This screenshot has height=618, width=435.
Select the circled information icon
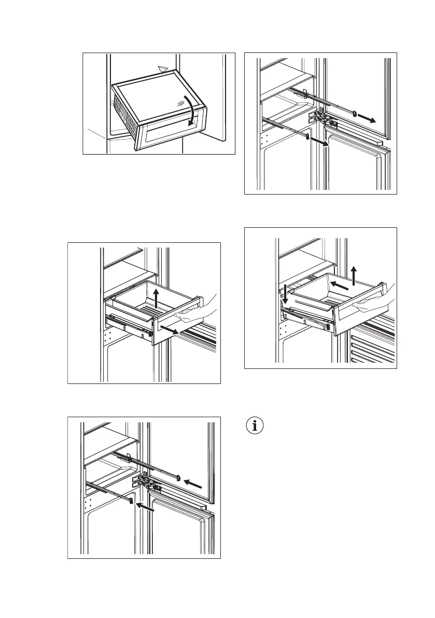tap(255, 426)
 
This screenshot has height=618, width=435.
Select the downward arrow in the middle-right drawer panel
tap(284, 293)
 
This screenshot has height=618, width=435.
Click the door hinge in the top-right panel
tap(322, 118)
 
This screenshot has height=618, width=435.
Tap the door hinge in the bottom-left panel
tap(146, 482)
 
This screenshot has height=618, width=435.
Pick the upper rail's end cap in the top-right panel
tap(354, 112)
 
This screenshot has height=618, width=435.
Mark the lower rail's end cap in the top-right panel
tap(307, 137)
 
